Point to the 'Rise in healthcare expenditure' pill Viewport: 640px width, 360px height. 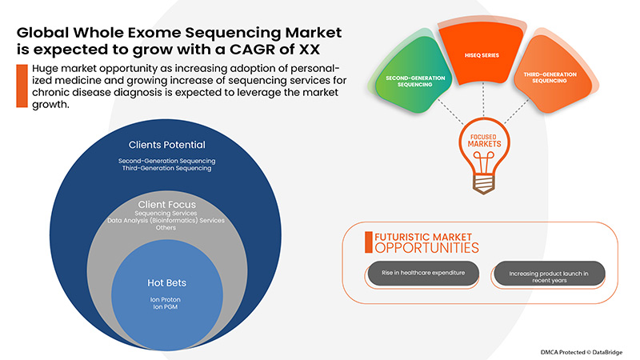coord(422,274)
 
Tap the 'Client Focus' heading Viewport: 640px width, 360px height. coord(167,204)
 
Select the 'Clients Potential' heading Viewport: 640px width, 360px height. coord(167,145)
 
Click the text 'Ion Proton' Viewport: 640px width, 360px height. coord(167,300)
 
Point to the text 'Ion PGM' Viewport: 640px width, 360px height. coord(167,309)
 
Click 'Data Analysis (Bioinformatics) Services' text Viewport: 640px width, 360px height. coord(167,220)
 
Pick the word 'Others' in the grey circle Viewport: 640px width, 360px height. coord(167,227)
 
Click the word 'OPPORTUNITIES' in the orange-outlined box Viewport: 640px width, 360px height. coord(422,249)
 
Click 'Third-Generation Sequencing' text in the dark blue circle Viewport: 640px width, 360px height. coord(167,169)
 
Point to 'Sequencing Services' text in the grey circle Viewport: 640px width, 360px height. coord(167,213)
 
